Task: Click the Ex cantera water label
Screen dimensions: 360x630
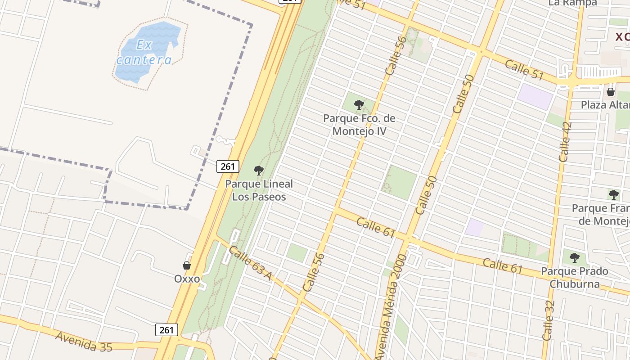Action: click(144, 52)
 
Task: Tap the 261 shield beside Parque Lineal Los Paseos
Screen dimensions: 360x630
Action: click(228, 166)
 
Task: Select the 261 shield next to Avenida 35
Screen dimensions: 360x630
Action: click(166, 330)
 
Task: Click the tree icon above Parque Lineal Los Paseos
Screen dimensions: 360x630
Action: click(258, 171)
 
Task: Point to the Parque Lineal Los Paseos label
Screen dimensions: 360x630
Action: click(259, 190)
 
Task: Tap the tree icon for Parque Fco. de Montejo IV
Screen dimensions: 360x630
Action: click(359, 105)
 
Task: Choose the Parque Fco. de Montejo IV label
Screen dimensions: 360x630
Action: click(359, 125)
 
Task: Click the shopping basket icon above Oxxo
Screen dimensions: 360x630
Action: click(187, 265)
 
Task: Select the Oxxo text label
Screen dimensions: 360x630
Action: click(187, 279)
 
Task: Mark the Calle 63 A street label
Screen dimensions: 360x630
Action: click(250, 263)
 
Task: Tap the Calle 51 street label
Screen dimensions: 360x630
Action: click(524, 70)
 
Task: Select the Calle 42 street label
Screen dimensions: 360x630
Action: click(565, 142)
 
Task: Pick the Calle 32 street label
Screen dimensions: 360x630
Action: click(548, 320)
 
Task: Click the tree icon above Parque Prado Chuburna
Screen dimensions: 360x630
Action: click(574, 258)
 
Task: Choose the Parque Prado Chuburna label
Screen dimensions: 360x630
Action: click(574, 278)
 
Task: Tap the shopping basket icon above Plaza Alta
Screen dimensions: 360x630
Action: click(611, 92)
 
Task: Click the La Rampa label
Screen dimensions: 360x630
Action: click(572, 3)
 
